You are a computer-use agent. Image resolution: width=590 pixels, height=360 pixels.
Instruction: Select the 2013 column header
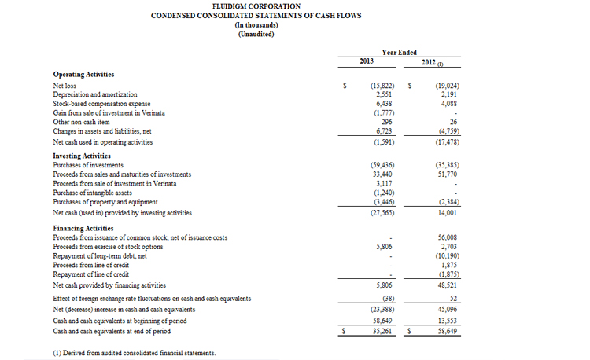pos(366,61)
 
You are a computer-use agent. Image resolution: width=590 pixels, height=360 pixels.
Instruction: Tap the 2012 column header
pos(430,61)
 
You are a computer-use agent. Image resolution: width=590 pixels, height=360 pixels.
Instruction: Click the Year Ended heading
pos(399,52)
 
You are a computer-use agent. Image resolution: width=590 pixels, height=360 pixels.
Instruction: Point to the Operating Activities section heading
pos(83,74)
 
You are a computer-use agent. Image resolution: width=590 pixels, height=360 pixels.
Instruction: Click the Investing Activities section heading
pos(82,156)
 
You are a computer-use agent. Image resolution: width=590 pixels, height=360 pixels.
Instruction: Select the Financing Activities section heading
pos(83,229)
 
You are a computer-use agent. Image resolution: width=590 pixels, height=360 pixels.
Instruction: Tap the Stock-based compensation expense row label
pos(101,103)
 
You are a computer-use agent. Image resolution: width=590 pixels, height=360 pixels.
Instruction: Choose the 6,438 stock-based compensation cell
pos(382,103)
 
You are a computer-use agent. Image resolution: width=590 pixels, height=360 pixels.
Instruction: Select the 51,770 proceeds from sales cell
pos(445,174)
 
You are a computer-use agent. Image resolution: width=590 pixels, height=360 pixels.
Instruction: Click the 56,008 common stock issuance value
pos(446,237)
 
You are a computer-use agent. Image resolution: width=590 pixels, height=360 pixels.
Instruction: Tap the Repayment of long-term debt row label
pos(100,256)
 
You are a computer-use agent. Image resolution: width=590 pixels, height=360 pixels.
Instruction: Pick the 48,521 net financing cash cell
pos(446,285)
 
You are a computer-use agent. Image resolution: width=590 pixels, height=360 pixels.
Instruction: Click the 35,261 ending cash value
pos(382,331)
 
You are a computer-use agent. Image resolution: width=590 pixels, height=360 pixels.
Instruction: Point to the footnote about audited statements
pos(134,353)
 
